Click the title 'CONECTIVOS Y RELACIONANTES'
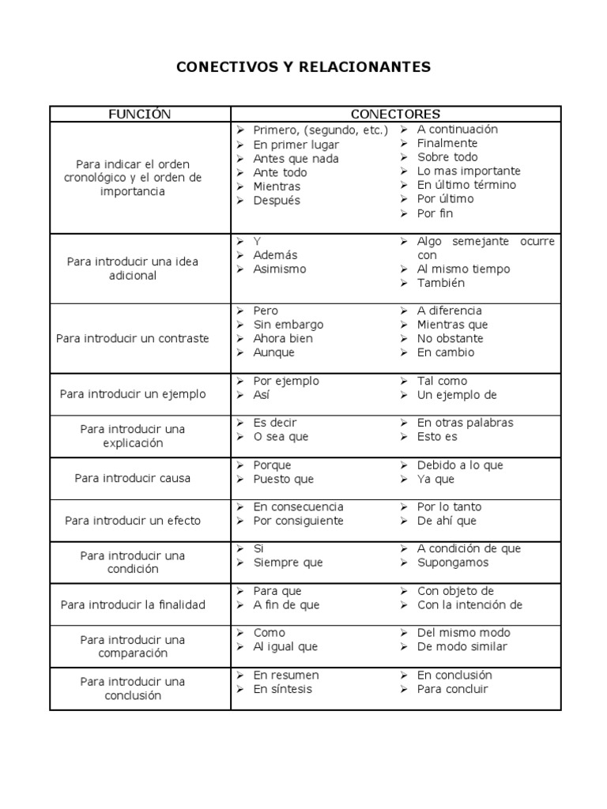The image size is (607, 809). [303, 67]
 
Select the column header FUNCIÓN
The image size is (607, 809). [139, 115]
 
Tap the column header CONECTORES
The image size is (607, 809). [395, 115]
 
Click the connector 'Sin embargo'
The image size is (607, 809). [288, 325]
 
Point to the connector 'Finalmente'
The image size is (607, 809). [447, 143]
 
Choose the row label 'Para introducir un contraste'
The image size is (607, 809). [133, 338]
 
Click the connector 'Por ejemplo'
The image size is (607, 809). [286, 381]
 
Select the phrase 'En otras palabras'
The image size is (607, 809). [465, 423]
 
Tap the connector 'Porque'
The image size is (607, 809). [272, 465]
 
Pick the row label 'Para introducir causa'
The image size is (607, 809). [133, 478]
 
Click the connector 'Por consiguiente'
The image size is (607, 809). [298, 521]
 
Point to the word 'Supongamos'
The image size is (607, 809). [453, 563]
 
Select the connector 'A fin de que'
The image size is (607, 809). [286, 605]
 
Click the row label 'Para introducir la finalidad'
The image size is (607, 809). [133, 604]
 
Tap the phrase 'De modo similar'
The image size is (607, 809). [462, 646]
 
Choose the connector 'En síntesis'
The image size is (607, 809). [282, 689]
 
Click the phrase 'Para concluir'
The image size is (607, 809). [453, 689]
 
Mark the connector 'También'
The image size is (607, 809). [441, 283]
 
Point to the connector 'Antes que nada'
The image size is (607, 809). [296, 158]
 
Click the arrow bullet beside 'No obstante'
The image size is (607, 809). [404, 339]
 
